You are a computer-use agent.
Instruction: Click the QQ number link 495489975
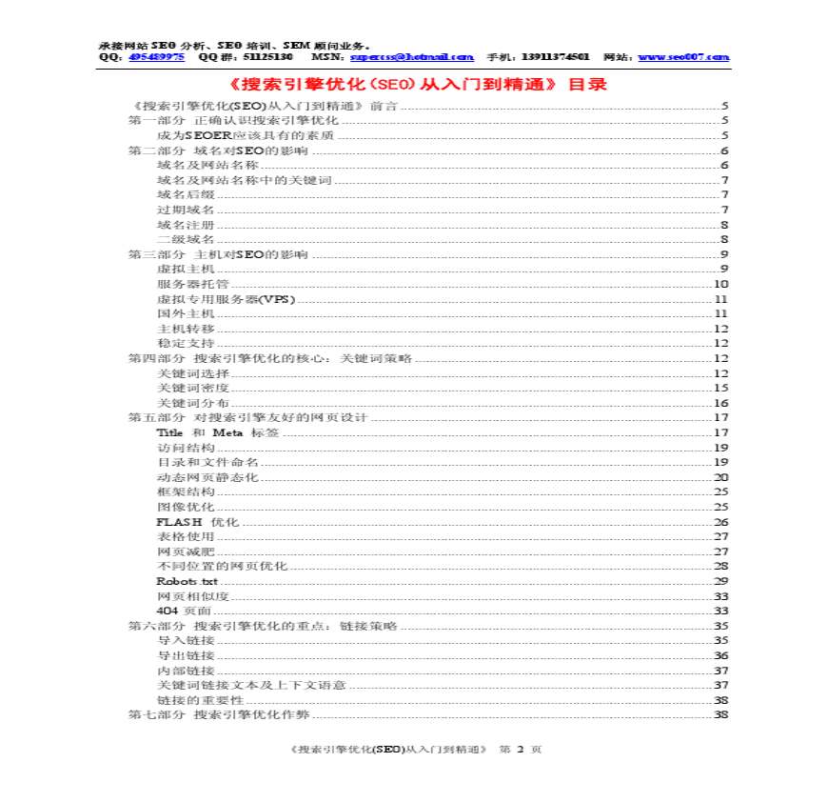(157, 57)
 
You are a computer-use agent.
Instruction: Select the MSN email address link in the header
(405, 57)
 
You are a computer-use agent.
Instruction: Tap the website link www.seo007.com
(683, 57)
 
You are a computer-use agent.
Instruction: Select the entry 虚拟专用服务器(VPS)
(226, 298)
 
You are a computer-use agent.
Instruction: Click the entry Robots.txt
(187, 581)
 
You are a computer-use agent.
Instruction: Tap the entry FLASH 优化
(197, 522)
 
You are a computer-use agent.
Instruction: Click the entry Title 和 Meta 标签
(218, 432)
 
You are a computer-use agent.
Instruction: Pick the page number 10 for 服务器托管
(720, 284)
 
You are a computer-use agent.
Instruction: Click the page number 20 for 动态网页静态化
(720, 477)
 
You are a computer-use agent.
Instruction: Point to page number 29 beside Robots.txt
(720, 581)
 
